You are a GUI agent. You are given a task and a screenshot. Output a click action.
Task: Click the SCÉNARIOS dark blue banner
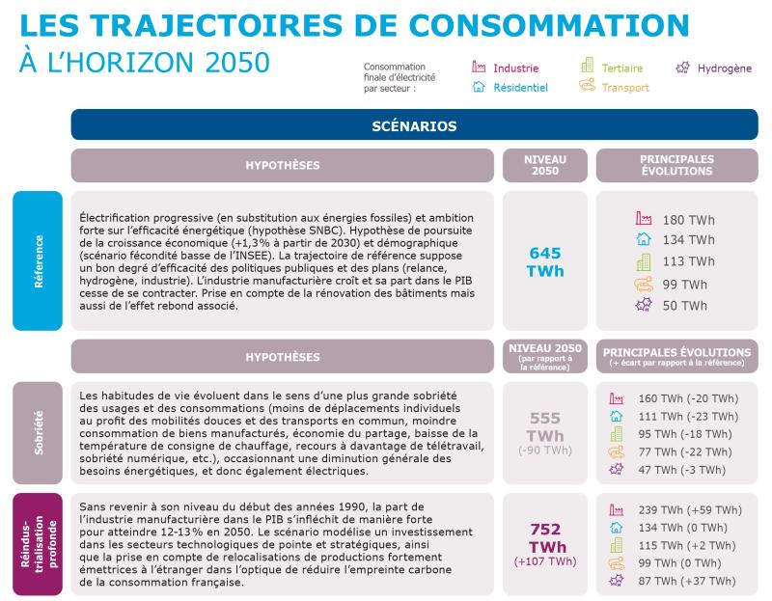pos(414,126)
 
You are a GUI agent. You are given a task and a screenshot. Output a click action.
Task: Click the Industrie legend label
pos(515,68)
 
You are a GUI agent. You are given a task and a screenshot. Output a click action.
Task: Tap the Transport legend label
pos(624,88)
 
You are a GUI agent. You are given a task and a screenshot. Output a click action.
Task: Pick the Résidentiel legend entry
pos(520,88)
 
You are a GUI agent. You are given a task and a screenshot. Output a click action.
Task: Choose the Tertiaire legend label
pos(621,68)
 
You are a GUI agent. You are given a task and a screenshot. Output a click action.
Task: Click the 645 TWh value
pos(545,261)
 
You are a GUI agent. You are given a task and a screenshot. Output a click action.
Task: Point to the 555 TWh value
pos(545,426)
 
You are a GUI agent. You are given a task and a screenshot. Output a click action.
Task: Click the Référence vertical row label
pos(38,260)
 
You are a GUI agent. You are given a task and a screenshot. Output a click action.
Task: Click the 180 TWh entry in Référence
pos(688,220)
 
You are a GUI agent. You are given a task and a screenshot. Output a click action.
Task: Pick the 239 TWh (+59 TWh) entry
pos(689,510)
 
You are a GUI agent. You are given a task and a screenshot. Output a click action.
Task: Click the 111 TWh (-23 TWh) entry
pos(685,416)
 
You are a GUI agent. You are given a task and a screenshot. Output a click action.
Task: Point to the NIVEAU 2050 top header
pos(545,165)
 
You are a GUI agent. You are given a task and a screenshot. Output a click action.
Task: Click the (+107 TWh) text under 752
pos(545,562)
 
